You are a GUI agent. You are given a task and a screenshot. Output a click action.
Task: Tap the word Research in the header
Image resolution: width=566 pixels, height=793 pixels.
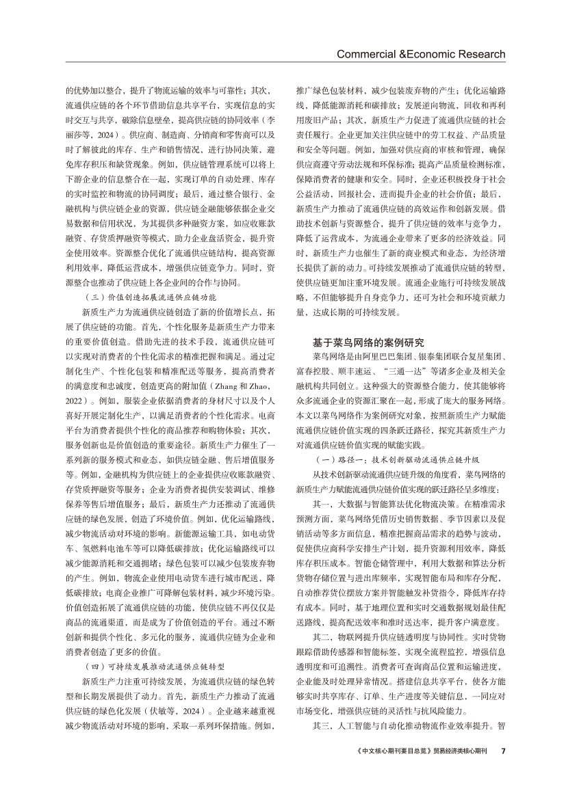click(x=478, y=54)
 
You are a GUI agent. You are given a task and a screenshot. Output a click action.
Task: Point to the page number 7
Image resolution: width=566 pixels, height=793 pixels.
click(x=502, y=750)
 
